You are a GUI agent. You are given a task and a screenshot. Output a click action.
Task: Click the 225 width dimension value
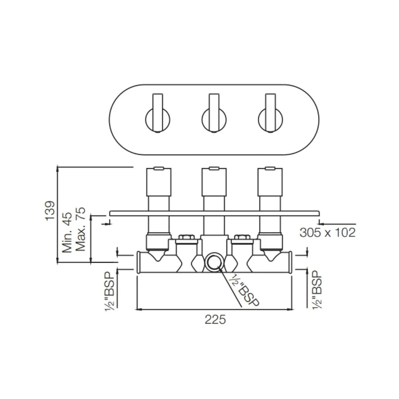tap(215, 320)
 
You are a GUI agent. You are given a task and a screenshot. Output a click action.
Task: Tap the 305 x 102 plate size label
tap(327, 233)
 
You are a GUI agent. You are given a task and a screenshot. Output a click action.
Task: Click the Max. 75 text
tap(80, 229)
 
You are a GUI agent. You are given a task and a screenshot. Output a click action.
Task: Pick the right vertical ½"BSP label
tap(317, 290)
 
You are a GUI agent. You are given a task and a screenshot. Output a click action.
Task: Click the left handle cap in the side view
tap(158, 182)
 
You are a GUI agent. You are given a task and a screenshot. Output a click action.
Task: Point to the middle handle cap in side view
tap(214, 182)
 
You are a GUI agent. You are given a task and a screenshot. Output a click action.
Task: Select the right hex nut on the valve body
tap(242, 237)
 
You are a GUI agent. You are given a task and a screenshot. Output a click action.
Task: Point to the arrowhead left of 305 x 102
tap(321, 224)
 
